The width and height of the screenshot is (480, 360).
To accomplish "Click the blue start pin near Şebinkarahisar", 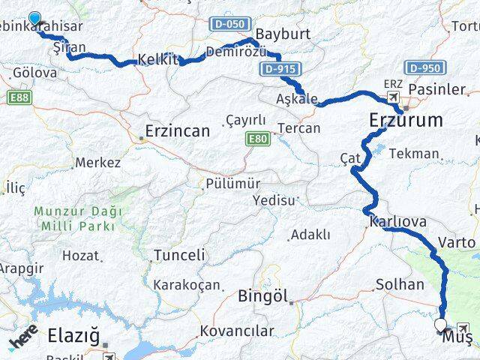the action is (x=34, y=19).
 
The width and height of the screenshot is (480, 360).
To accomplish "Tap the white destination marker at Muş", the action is (x=440, y=325).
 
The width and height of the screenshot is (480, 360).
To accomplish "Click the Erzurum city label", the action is (x=405, y=120).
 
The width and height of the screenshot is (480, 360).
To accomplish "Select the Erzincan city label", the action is (x=178, y=131).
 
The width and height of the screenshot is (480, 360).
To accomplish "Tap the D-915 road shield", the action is (x=277, y=69).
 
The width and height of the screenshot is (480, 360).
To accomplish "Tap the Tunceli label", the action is (x=179, y=255).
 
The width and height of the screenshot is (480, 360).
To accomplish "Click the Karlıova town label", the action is (x=398, y=222).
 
